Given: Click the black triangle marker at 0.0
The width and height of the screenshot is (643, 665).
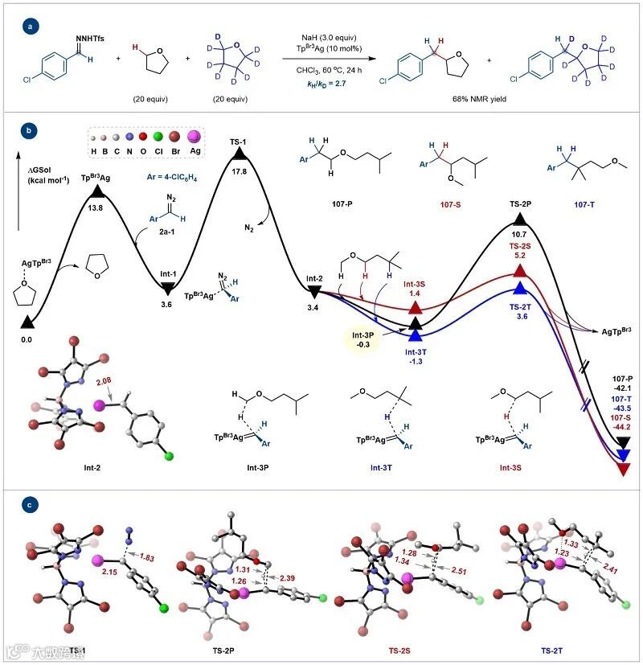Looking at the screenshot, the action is tap(27, 322).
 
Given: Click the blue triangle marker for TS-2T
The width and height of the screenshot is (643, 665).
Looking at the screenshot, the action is tap(520, 288).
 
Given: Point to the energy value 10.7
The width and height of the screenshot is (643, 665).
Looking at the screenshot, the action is tap(519, 234).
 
